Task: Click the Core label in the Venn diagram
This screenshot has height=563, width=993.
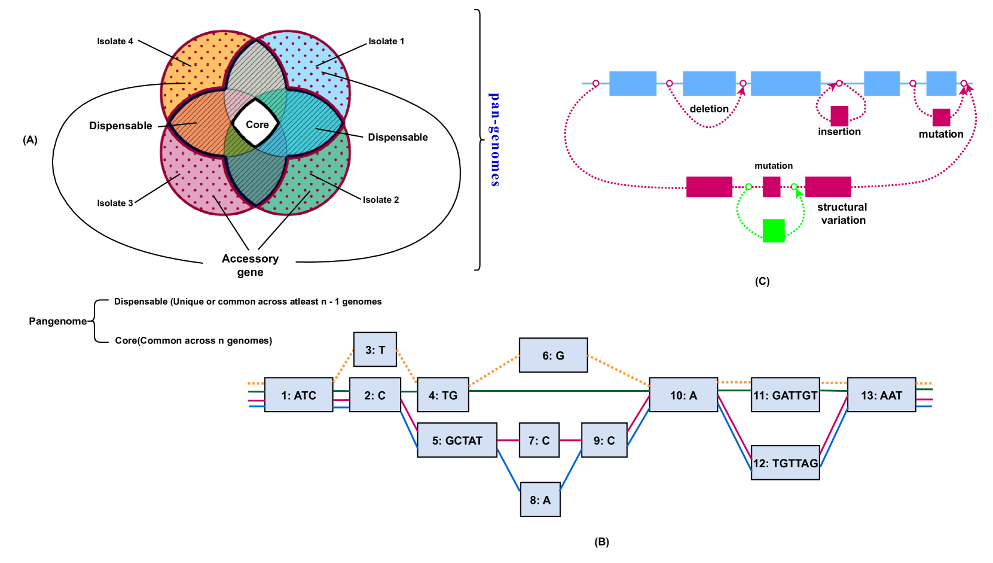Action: pyautogui.click(x=257, y=124)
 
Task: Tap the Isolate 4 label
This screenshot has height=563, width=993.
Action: pyautogui.click(x=115, y=41)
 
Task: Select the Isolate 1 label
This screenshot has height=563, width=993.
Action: pyautogui.click(x=386, y=41)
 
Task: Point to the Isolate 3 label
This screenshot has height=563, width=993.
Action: pyautogui.click(x=115, y=203)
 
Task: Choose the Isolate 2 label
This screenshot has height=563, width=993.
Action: pyautogui.click(x=381, y=200)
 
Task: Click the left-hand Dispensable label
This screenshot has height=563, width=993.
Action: pyautogui.click(x=121, y=126)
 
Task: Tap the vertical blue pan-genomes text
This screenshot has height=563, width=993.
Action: pyautogui.click(x=494, y=140)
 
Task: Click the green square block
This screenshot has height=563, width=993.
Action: pyautogui.click(x=773, y=231)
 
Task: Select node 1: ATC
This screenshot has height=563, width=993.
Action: pyautogui.click(x=298, y=395)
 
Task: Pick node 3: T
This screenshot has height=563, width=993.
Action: pyautogui.click(x=375, y=350)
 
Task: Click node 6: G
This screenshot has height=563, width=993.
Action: pyautogui.click(x=553, y=355)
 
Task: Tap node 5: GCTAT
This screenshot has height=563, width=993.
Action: pyautogui.click(x=457, y=440)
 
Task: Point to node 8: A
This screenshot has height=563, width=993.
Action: pyautogui.click(x=540, y=500)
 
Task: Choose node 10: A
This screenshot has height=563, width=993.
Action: pyautogui.click(x=683, y=395)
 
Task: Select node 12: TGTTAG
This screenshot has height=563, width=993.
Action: pyautogui.click(x=785, y=463)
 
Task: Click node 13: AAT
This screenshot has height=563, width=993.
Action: pyautogui.click(x=881, y=395)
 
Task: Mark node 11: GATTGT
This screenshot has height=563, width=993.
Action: pyautogui.click(x=785, y=395)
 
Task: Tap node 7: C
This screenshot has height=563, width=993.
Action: pyautogui.click(x=539, y=440)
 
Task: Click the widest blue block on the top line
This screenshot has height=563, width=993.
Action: pyautogui.click(x=785, y=84)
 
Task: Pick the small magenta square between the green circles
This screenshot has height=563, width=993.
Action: pyautogui.click(x=771, y=187)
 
